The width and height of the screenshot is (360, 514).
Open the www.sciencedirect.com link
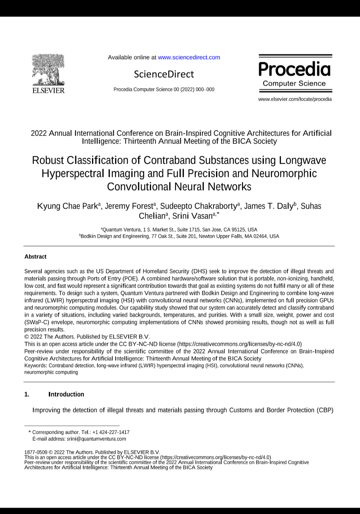[189, 57]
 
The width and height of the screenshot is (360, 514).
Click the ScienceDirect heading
[164, 74]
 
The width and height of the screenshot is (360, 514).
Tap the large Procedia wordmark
[295, 69]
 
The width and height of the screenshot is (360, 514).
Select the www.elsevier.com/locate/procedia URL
[295, 99]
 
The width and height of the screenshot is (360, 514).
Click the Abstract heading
[35, 257]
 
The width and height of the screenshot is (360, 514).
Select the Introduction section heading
[66, 394]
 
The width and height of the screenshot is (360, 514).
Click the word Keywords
[36, 365]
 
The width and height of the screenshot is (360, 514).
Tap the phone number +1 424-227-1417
[111, 432]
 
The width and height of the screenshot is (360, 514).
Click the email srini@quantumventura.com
[96, 439]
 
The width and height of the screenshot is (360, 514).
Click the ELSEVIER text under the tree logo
[48, 90]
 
